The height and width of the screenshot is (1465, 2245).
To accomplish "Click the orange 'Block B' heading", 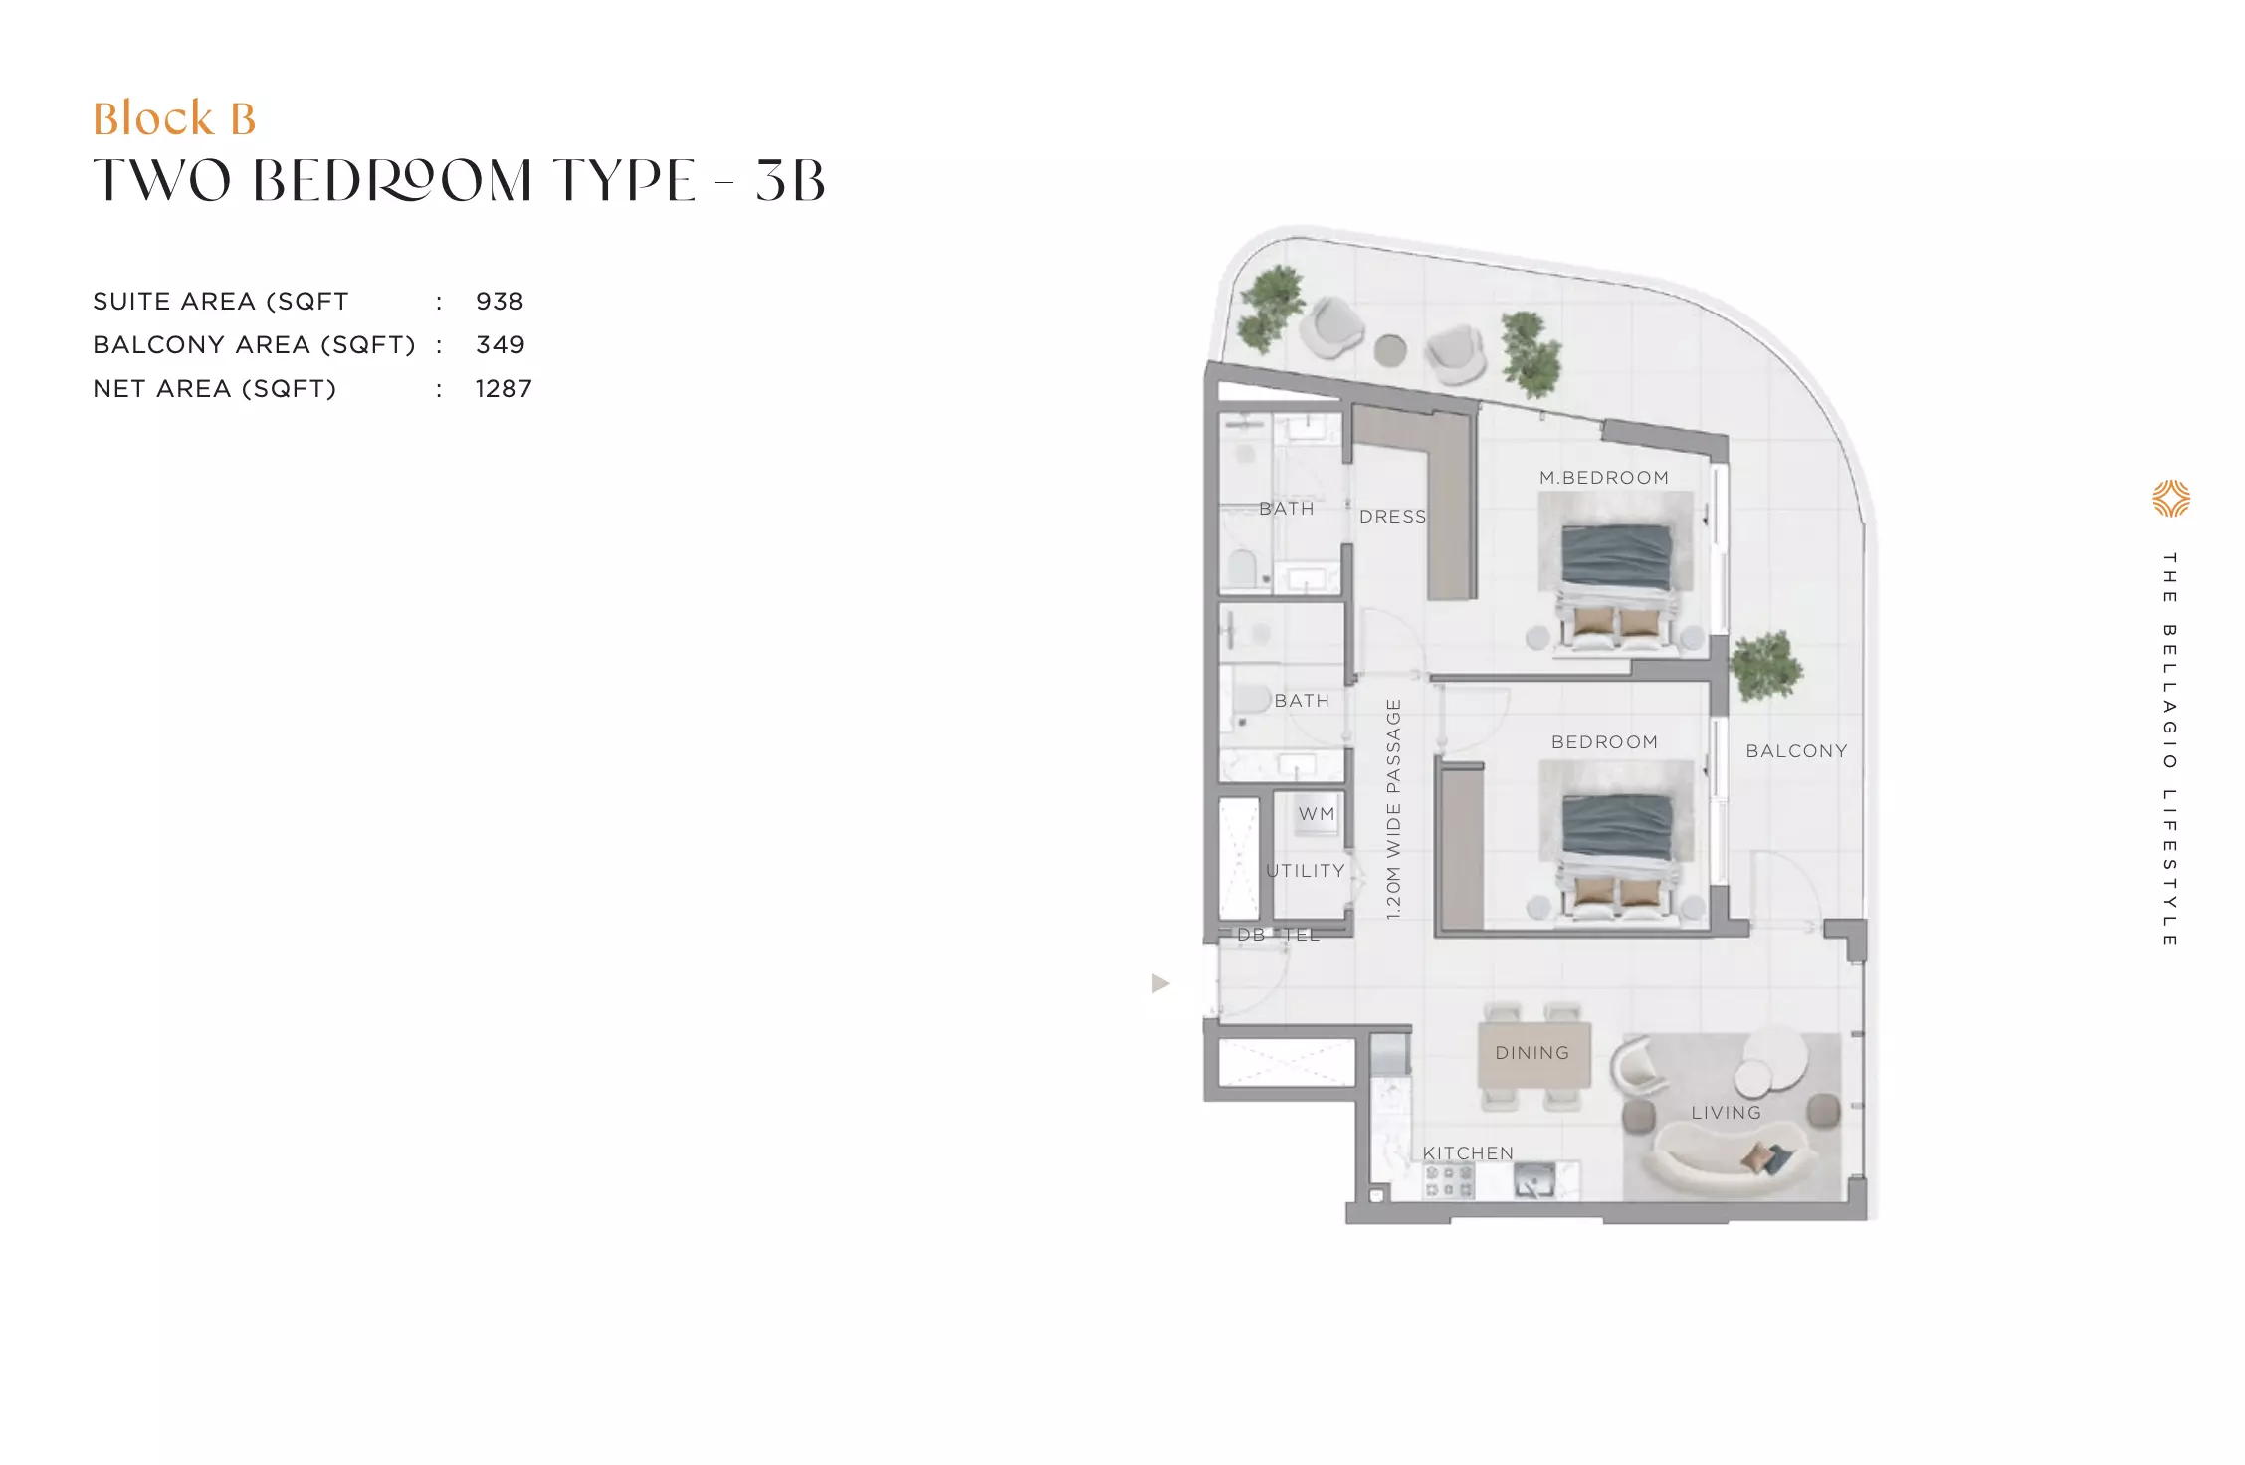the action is (174, 118).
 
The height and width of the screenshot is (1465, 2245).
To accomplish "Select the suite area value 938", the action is (500, 301).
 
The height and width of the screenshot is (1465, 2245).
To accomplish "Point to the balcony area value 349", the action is (501, 344).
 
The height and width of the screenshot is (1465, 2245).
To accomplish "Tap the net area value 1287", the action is (504, 388).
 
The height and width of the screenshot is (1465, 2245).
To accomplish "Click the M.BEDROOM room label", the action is (1604, 478).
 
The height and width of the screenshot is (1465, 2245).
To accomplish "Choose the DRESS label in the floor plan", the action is (1393, 517).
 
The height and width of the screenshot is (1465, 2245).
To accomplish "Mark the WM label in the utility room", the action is (1317, 814).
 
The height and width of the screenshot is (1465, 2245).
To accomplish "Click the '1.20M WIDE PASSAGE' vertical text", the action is (1393, 808).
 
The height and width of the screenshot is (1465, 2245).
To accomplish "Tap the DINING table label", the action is (1532, 1053).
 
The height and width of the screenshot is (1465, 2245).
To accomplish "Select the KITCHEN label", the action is (1468, 1152).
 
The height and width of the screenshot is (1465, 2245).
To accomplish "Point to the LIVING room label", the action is (1727, 1113).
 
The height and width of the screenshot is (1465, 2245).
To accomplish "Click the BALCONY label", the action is (1797, 751).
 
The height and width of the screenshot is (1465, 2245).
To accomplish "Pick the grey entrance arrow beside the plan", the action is (1160, 983).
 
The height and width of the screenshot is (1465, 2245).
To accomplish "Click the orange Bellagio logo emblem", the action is (2171, 499).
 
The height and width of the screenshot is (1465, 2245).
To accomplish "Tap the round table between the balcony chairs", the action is (1390, 350).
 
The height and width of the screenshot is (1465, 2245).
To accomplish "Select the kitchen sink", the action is (1534, 1180).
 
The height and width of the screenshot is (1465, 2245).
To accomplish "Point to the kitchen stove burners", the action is (1448, 1181).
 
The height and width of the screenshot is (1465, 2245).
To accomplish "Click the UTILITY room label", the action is (1306, 871).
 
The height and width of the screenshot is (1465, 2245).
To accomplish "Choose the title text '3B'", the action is (790, 181).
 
